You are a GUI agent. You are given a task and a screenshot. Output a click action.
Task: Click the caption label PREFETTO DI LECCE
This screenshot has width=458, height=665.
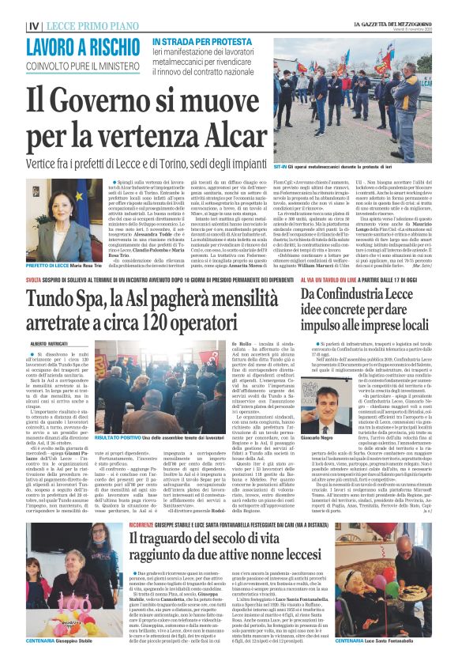click(25, 266)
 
